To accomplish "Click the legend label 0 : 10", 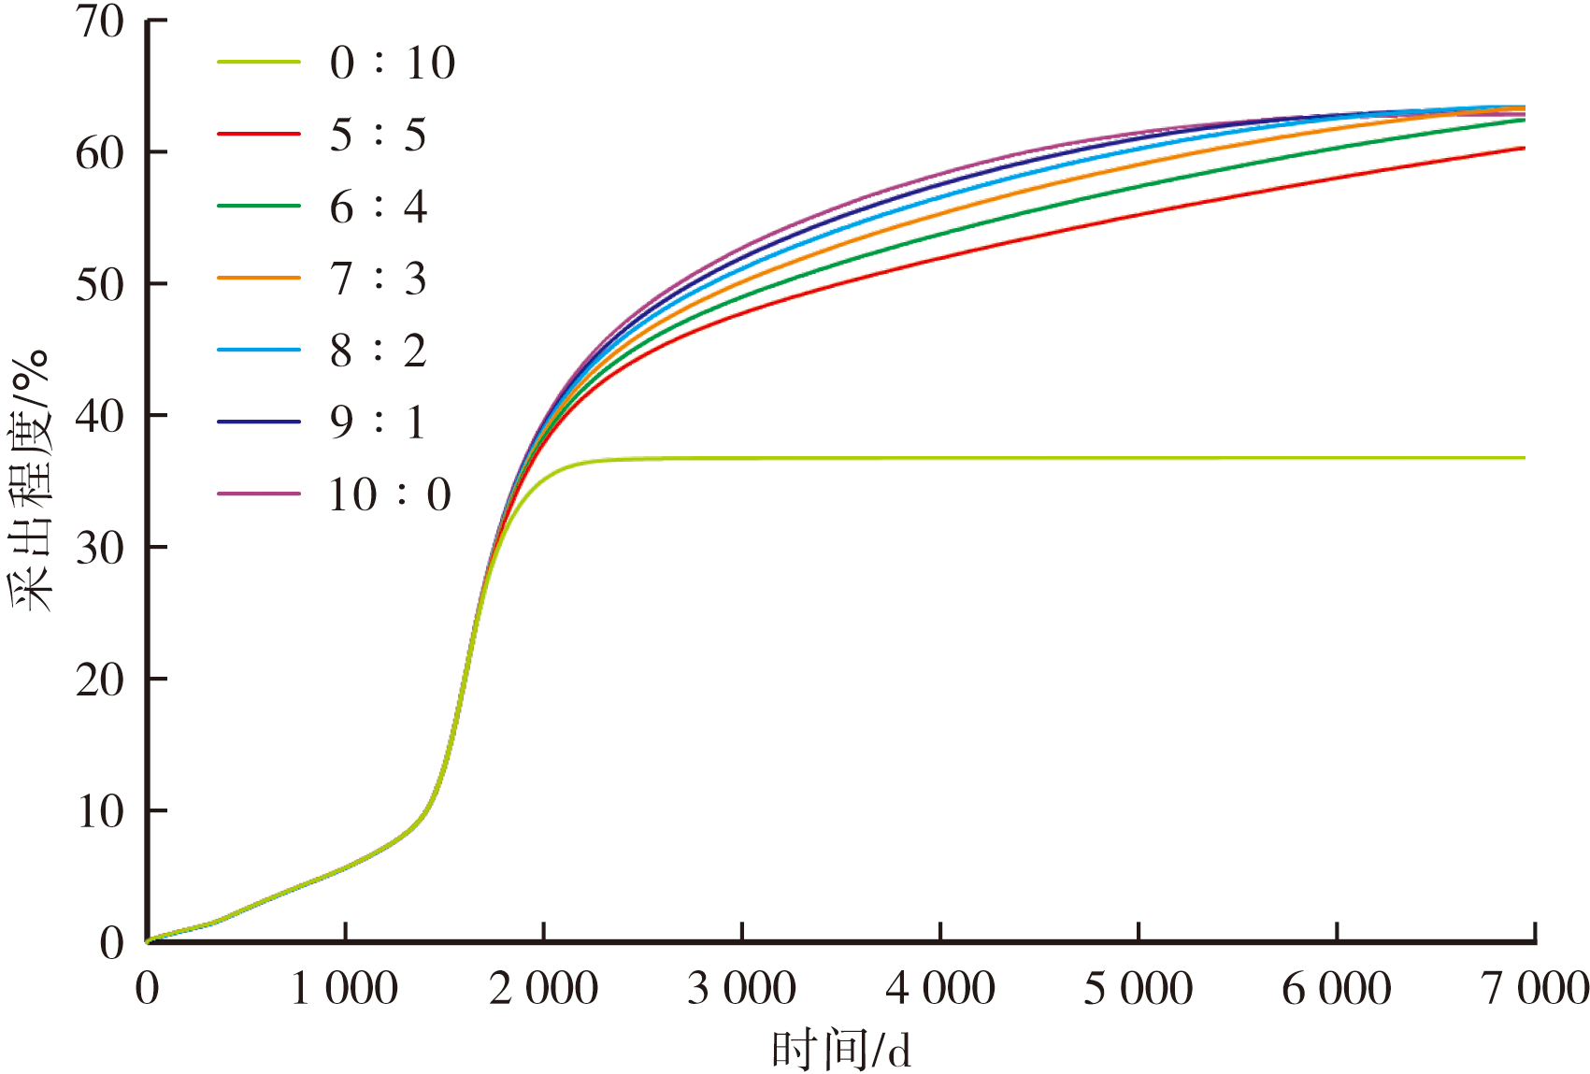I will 392,63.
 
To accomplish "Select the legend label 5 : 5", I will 378,135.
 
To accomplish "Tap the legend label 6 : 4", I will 378,207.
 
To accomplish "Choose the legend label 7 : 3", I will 378,279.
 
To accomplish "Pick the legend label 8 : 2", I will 378,351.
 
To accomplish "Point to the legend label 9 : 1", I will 378,422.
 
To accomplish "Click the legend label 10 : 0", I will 390,494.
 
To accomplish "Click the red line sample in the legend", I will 259,135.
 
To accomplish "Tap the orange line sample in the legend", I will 259,279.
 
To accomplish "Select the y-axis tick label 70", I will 100,21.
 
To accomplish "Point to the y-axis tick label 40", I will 100,416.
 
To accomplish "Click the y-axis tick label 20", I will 100,680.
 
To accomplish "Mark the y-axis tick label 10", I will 100,811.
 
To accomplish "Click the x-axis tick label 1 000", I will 344,989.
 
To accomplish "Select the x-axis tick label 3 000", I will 741,989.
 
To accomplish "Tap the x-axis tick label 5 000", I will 1138,989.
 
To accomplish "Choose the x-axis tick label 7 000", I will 1536,989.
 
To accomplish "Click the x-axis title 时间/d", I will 840,1051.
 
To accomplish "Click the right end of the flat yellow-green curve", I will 1523,458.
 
